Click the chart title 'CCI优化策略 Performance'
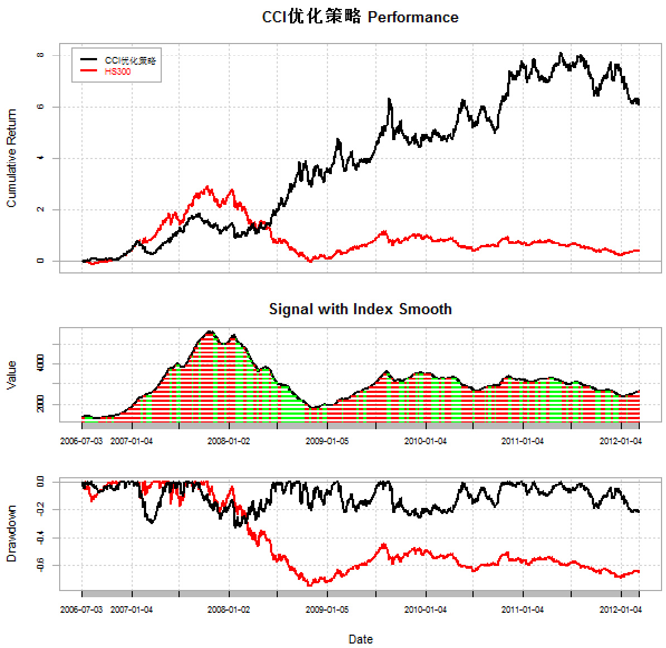(x=360, y=17)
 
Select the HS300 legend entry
(x=117, y=71)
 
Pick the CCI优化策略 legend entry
(x=130, y=60)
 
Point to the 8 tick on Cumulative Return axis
(x=40, y=55)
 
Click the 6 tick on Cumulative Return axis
(x=40, y=107)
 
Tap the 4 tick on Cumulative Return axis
(x=40, y=158)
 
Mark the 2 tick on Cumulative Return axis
(x=40, y=209)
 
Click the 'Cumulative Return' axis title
(x=11, y=158)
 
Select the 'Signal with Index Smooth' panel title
(x=360, y=309)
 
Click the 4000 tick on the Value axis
(x=40, y=364)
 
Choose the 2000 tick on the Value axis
(x=40, y=405)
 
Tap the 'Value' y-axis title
(x=11, y=375)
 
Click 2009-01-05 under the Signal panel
(x=327, y=441)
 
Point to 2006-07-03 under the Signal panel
(x=81, y=441)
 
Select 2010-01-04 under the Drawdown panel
(x=426, y=609)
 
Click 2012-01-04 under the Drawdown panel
(x=621, y=609)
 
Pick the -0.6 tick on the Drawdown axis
(x=40, y=565)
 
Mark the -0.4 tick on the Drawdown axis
(x=40, y=537)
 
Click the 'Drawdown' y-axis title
(x=11, y=534)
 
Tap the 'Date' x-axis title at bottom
(x=360, y=639)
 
